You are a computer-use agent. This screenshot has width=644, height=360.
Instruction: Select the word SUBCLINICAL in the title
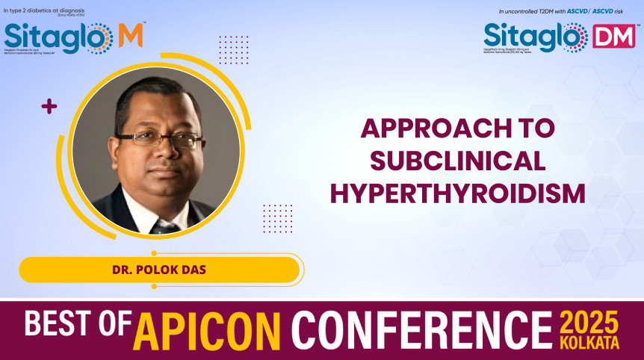[458, 161]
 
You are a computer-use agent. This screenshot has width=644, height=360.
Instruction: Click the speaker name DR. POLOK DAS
[158, 270]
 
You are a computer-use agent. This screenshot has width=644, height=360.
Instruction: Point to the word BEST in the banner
[67, 325]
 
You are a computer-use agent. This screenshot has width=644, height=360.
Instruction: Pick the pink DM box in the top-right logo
[613, 36]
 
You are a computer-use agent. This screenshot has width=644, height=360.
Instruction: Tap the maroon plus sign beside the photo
[49, 107]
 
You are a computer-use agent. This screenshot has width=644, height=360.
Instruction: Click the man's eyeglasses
[158, 138]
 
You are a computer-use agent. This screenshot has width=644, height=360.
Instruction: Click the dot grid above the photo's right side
[234, 49]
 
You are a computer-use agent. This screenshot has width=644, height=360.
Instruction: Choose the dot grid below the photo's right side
[277, 218]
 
